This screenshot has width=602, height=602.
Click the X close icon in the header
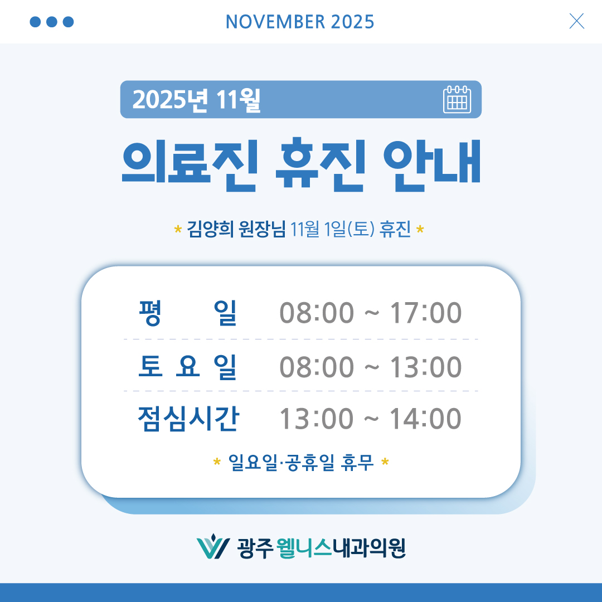pos(576,21)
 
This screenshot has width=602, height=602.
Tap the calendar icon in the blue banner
pos(457,100)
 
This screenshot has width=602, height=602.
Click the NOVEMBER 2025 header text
pos(300,22)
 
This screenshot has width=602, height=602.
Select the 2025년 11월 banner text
pos(197,100)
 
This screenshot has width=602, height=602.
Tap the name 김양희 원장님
pos(237,229)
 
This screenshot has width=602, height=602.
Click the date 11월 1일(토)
pos(333,229)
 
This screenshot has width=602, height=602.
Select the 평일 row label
pos(188,313)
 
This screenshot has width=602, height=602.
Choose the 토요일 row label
pos(188,366)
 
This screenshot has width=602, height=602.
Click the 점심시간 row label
pos(188,419)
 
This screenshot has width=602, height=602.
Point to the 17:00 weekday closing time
pos(425,313)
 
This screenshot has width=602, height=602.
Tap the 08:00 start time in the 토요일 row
pos(316,367)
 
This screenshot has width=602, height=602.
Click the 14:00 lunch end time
pos(425,419)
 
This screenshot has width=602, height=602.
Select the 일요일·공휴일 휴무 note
pos(301,462)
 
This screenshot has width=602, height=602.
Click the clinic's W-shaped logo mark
pos(213,548)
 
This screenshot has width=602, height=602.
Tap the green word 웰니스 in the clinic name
pos(304,548)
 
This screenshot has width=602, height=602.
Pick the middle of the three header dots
pos(52,22)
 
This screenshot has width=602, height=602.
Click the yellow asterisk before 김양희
pos(178,229)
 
